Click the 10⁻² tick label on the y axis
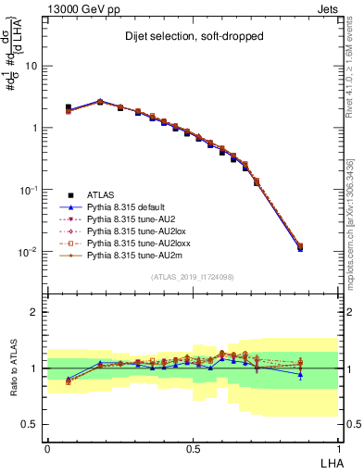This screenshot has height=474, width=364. coord(28,252)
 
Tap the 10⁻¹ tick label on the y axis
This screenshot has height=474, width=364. coord(28,190)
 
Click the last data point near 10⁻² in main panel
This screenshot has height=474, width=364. coord(325,246)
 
